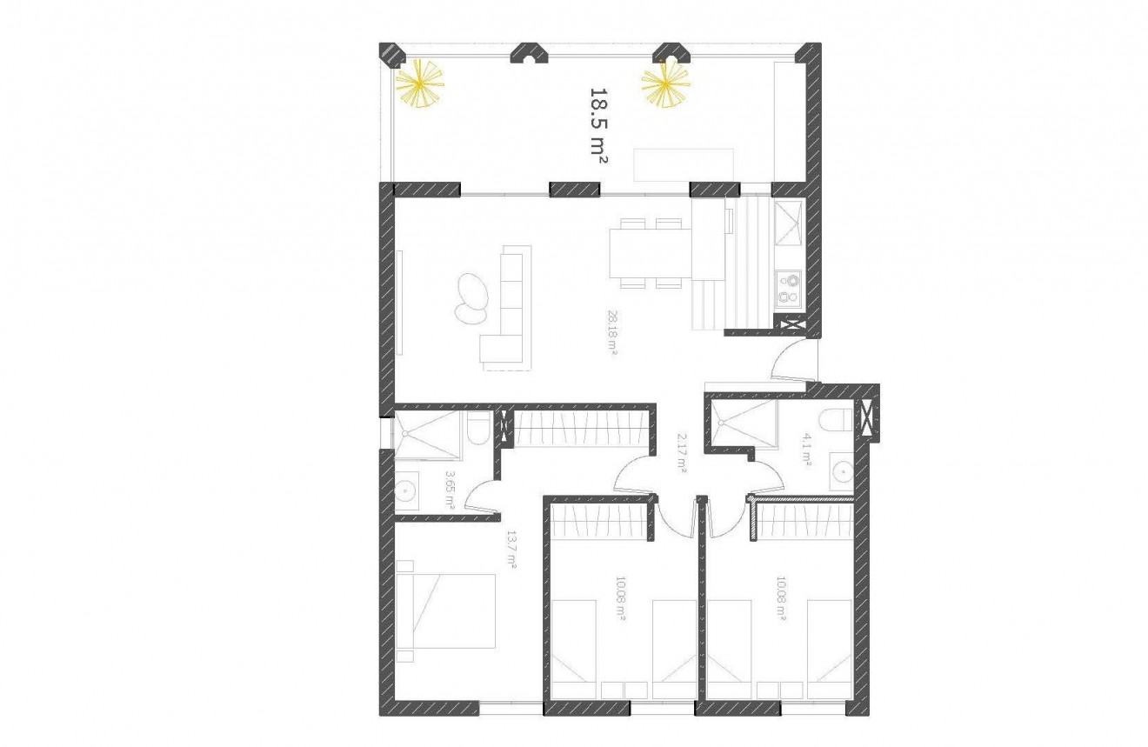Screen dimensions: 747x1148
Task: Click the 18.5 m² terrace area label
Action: [x=598, y=125]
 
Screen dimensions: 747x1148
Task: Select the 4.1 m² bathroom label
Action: [x=806, y=451]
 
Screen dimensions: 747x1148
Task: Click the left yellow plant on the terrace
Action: [x=420, y=83]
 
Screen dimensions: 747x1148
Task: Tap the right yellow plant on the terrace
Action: [x=666, y=83]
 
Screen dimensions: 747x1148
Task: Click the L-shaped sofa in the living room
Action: [x=505, y=306]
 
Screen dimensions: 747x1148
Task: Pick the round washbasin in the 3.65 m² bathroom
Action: [x=407, y=493]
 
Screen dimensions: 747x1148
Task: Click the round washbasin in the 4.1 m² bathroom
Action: [x=841, y=471]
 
